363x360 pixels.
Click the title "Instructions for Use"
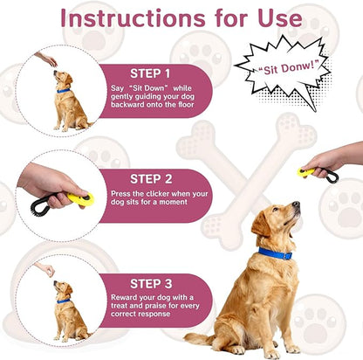(x=182, y=17)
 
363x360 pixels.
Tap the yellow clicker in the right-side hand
(x=306, y=172)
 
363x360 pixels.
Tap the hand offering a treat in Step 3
(x=46, y=269)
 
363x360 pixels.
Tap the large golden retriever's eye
(x=279, y=211)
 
